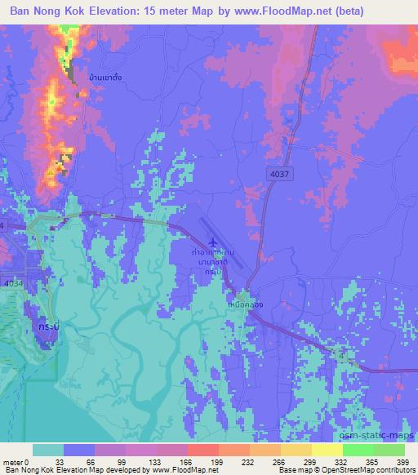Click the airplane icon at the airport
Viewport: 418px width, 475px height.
click(x=214, y=242)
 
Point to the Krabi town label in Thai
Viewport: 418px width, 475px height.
click(x=47, y=325)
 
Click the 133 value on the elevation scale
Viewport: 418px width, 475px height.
click(x=147, y=461)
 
